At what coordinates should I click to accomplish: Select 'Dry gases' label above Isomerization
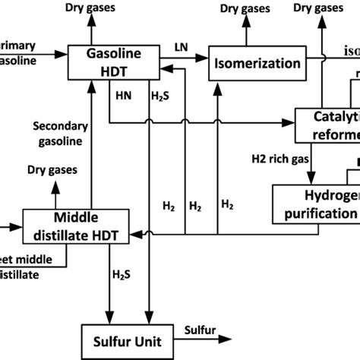pyautogui.click(x=248, y=9)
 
